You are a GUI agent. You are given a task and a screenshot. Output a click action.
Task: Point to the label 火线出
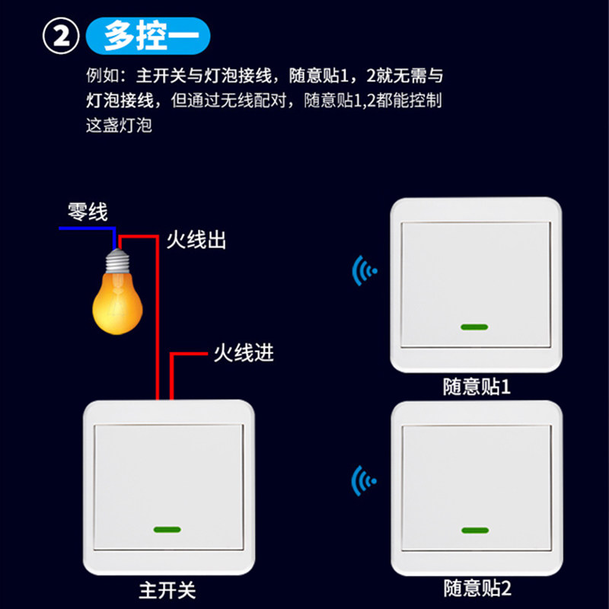tap(196, 241)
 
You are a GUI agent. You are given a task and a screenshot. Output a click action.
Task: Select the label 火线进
tap(243, 353)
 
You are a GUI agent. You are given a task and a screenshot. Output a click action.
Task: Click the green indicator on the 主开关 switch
tap(166, 529)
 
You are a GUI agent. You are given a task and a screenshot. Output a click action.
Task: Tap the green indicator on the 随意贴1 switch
tap(473, 328)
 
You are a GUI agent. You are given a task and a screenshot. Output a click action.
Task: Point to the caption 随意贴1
tap(477, 387)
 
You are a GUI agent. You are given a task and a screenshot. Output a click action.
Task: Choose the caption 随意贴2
tap(477, 588)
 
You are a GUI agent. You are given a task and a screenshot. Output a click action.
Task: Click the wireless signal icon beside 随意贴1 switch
tap(364, 269)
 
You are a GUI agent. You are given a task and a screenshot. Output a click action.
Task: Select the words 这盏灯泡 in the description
tap(120, 125)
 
